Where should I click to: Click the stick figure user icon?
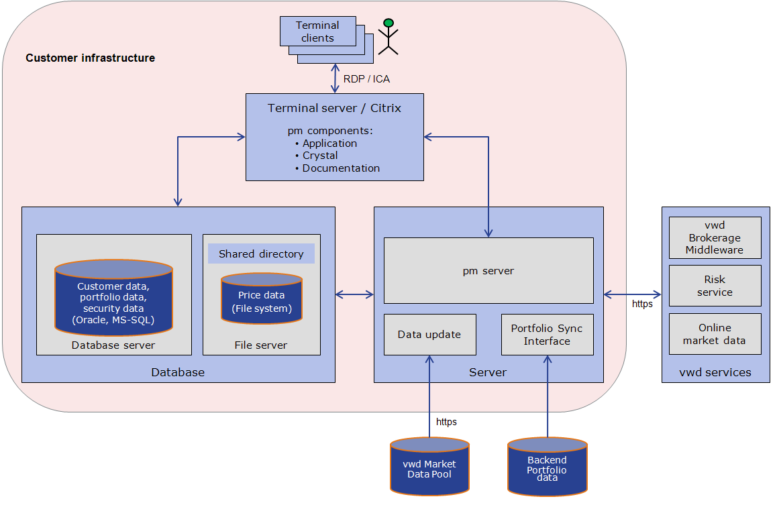pyautogui.click(x=388, y=37)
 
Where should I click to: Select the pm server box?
pyautogui.click(x=488, y=271)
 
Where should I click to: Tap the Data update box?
pyautogui.click(x=429, y=334)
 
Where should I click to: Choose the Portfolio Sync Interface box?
pyautogui.click(x=547, y=334)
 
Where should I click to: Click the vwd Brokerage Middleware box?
pyautogui.click(x=715, y=237)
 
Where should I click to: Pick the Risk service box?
pyautogui.click(x=715, y=286)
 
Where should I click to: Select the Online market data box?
pyautogui.click(x=715, y=333)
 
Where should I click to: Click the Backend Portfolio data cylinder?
pyautogui.click(x=547, y=467)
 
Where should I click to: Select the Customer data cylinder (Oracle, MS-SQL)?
pyautogui.click(x=113, y=299)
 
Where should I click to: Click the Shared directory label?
pyautogui.click(x=261, y=254)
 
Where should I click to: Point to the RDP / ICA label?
pyautogui.click(x=366, y=79)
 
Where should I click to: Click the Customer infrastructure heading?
pyautogui.click(x=91, y=58)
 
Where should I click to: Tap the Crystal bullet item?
pyautogui.click(x=320, y=156)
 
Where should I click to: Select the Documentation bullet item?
pyautogui.click(x=341, y=168)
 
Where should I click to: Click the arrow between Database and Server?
pyautogui.click(x=354, y=294)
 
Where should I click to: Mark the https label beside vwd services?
pyautogui.click(x=642, y=304)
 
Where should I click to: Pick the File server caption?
pyautogui.click(x=261, y=345)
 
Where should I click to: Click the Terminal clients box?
pyautogui.click(x=318, y=32)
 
